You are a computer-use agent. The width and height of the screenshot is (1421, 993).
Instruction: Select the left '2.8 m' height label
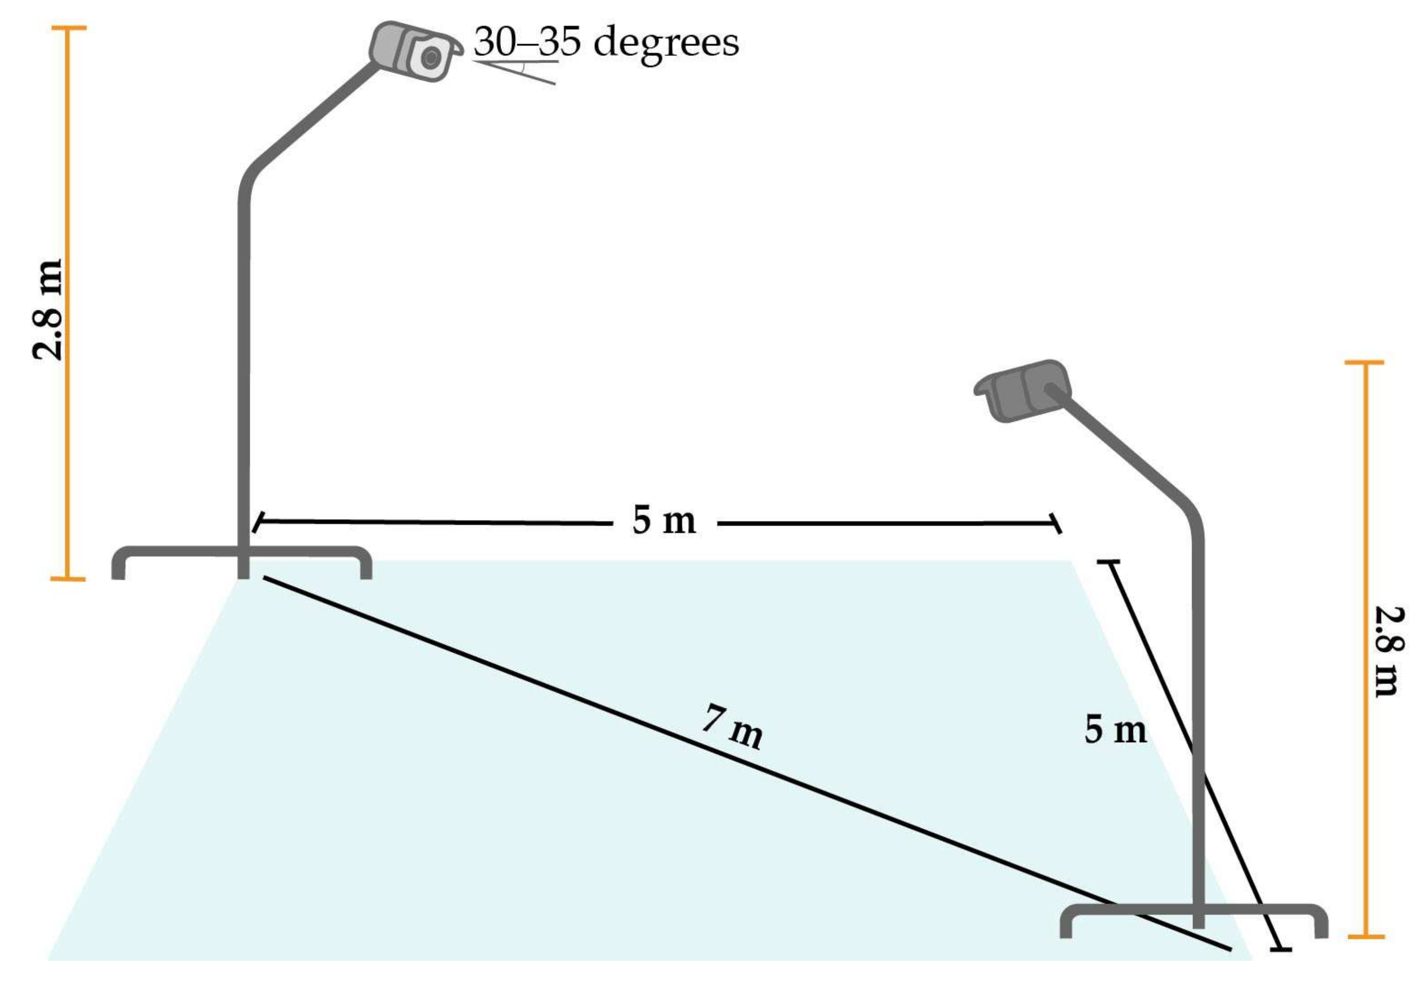pyautogui.click(x=48, y=309)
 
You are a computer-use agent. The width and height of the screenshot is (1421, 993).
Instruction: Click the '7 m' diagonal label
pyautogui.click(x=732, y=728)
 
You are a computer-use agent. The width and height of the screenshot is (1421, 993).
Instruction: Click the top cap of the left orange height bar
pyautogui.click(x=68, y=28)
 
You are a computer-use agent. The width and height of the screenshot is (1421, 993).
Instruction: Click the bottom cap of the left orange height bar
pyautogui.click(x=68, y=579)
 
